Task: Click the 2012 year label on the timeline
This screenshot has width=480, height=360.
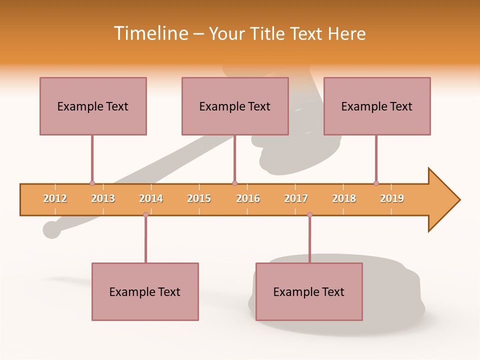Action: point(55,198)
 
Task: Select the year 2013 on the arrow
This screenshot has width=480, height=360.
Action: point(103,198)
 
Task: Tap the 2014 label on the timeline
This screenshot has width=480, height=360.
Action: point(151,198)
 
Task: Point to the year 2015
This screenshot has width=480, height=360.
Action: point(199,198)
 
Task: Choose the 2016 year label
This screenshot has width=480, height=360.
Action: point(248,198)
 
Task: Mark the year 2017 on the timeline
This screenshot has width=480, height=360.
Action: point(296,198)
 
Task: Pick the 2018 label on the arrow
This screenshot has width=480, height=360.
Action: point(344,198)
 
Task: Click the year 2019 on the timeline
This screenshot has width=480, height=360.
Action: point(392,198)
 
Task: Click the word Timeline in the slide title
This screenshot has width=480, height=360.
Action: point(150,33)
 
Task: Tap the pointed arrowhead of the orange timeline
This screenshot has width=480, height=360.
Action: point(445,200)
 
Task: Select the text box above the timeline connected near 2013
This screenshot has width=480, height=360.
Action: point(93,106)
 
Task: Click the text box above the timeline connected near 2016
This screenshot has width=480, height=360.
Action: point(235,106)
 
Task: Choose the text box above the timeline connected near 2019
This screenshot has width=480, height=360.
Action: point(377,106)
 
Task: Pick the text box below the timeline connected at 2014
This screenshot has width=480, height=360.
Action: point(145,291)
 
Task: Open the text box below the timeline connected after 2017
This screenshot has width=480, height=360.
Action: point(309,291)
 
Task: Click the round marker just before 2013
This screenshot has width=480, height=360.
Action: point(92,183)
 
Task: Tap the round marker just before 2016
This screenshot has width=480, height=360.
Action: point(234,183)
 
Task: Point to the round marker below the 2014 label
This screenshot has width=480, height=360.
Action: point(145,215)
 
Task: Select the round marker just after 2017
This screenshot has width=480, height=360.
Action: point(309,215)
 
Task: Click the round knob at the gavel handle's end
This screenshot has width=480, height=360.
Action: point(51,229)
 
